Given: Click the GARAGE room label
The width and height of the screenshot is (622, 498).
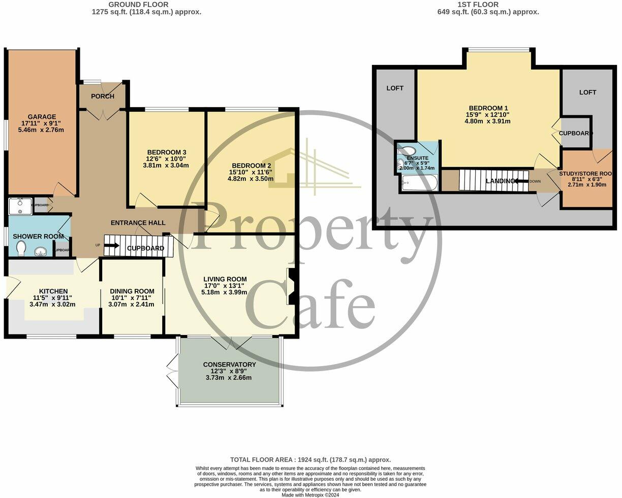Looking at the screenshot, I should point(42,117).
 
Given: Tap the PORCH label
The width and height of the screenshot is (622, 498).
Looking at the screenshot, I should point(103,96).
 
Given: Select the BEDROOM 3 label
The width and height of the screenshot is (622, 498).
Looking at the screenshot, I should point(167,152).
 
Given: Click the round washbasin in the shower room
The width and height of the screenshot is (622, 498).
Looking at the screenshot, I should point(40,250).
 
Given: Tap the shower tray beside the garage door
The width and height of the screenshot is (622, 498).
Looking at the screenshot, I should point(20,207).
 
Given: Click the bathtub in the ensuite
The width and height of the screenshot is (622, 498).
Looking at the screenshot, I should point(419,183).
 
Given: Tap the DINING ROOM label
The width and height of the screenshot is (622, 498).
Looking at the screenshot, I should point(132,291).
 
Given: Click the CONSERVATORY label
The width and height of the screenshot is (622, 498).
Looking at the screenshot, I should point(229,364).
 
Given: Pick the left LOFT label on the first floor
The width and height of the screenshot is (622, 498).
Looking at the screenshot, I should point(395,88).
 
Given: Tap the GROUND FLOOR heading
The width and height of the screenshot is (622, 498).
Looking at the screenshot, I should point(146,5).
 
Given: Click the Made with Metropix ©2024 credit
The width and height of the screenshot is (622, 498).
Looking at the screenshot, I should point(310,495).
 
